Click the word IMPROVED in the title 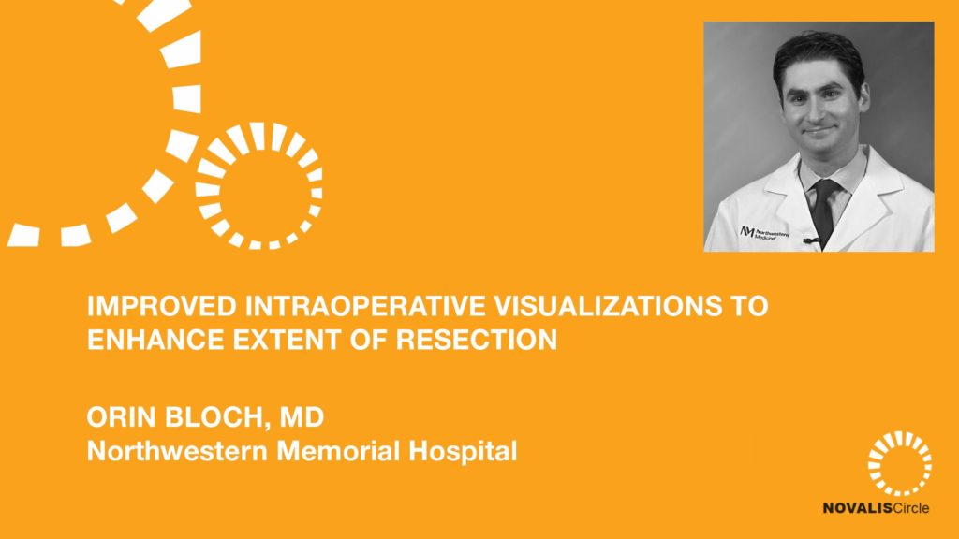(161, 306)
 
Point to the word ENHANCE (155, 340)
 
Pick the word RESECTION (477, 340)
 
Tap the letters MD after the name (302, 417)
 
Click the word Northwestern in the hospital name (177, 451)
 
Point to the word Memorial (338, 451)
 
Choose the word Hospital (463, 452)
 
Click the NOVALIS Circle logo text (876, 508)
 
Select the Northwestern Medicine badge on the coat (764, 233)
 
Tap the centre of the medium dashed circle (258, 186)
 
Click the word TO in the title (750, 306)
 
